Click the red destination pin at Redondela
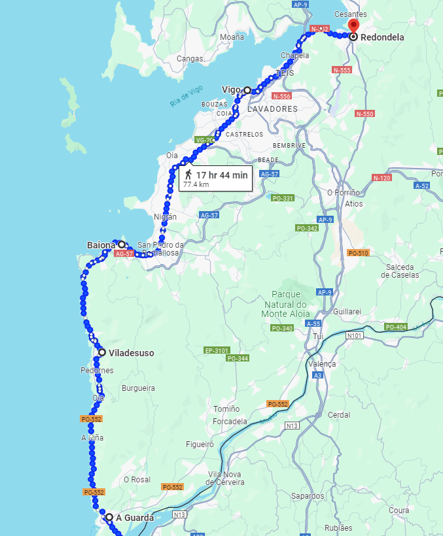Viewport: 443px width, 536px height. pos(353,27)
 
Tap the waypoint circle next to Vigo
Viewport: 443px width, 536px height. pos(247,90)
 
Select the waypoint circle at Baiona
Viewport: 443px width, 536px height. pos(122,245)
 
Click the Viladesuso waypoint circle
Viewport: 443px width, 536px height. pos(102,352)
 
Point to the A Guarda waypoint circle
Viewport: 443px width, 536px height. pos(109,517)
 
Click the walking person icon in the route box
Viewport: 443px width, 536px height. pos(188,175)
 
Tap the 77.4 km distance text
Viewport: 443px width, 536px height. pos(196,185)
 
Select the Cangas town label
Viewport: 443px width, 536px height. pos(190,59)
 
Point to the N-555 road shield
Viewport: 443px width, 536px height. pos(342,70)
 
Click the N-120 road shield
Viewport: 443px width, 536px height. pos(381,178)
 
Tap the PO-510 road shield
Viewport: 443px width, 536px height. pos(358,253)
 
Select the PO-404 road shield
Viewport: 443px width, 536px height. pos(396,327)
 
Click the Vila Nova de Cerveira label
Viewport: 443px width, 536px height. pos(226,478)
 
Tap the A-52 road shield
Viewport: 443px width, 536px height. pos(422,186)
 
